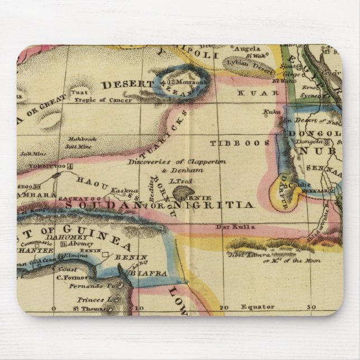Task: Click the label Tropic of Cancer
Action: point(106,100)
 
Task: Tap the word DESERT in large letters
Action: point(127,84)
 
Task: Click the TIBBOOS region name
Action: point(231,143)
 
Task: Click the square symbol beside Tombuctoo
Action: point(69,166)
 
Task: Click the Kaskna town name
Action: point(120,191)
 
